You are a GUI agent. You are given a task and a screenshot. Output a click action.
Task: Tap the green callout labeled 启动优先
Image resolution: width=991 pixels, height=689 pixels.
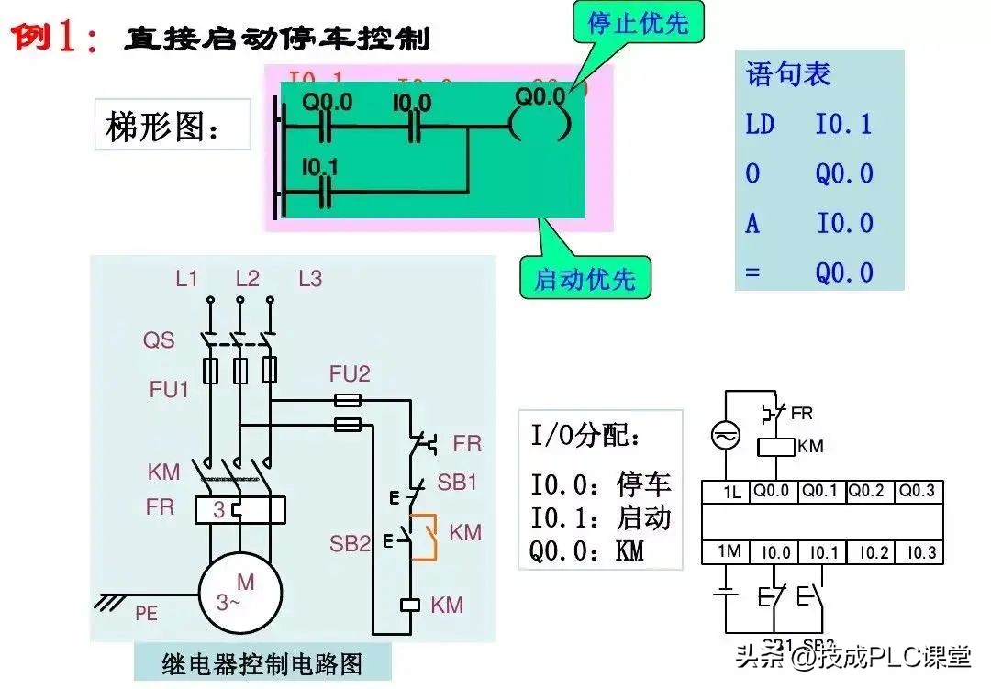585,277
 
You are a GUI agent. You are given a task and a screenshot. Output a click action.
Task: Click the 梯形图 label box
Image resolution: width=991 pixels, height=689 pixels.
172,127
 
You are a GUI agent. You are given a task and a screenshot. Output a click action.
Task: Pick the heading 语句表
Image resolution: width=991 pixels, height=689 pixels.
788,74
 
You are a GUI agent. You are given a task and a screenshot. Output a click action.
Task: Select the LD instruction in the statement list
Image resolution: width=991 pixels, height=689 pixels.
760,125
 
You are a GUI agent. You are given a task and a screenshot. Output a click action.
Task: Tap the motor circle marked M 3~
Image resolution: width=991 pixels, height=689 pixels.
237,592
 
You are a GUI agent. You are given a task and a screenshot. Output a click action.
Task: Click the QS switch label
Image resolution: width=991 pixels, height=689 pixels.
158,340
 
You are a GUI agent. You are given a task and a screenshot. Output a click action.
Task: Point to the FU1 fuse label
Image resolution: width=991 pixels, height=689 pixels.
169,389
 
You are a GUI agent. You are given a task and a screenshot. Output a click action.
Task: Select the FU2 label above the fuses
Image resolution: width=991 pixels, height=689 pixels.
350,373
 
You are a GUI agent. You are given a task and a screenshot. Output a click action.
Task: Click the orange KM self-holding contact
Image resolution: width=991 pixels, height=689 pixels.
424,538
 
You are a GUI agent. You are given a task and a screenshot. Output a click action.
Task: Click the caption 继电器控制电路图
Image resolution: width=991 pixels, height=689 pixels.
262,661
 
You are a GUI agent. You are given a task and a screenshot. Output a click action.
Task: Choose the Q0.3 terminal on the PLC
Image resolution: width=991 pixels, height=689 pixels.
917,491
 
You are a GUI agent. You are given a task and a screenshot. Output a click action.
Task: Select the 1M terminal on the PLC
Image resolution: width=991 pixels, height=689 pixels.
729,551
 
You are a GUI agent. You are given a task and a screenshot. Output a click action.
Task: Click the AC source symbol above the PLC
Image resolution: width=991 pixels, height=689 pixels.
725,438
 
